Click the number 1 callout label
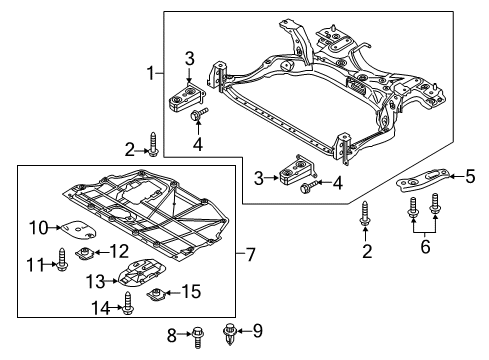(x=151, y=73)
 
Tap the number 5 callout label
(x=470, y=177)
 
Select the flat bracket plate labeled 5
(x=422, y=181)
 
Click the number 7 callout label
(x=252, y=255)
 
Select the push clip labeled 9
(x=233, y=331)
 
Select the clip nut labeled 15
(x=157, y=294)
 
